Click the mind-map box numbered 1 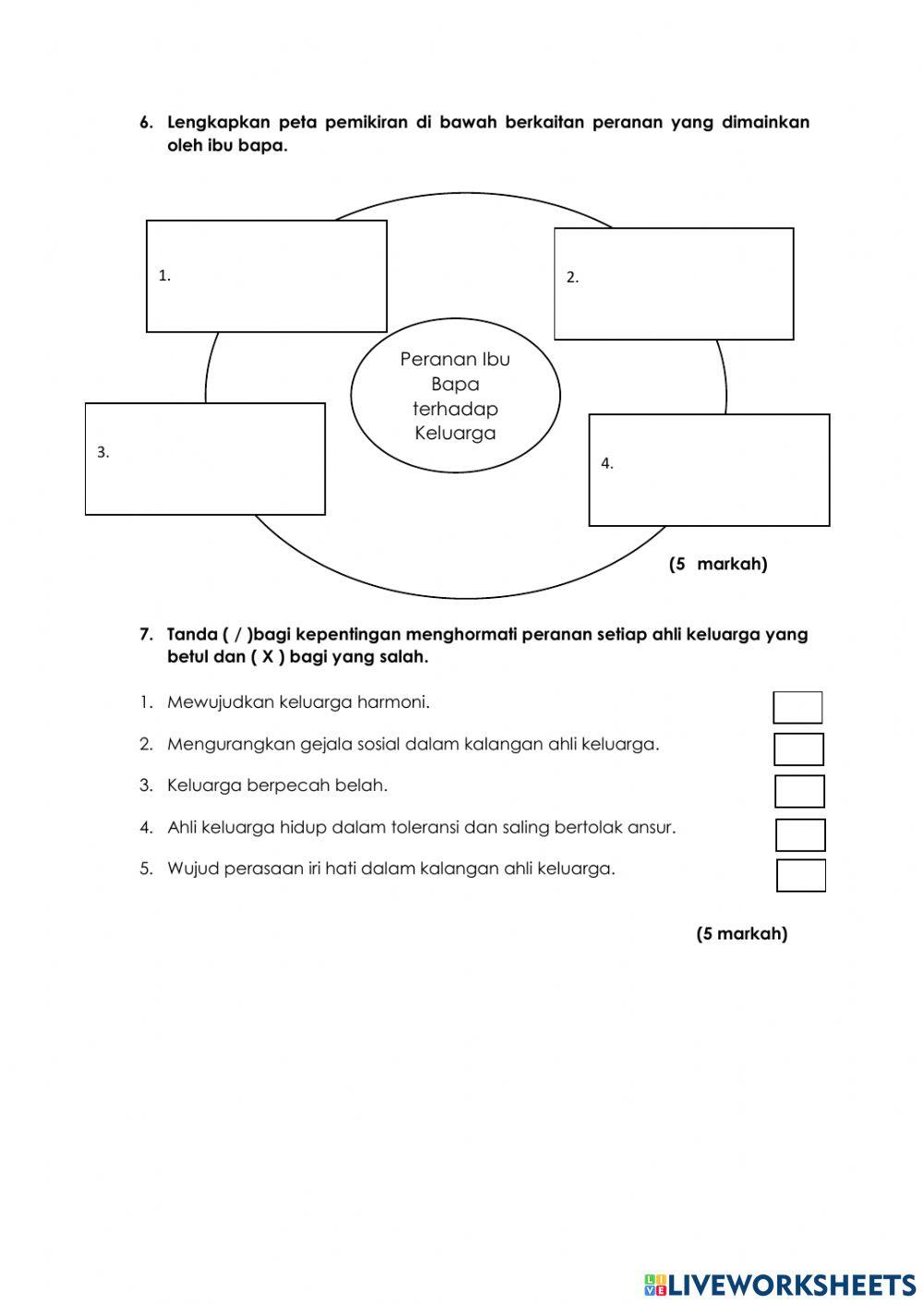(x=266, y=276)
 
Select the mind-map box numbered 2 (x=674, y=283)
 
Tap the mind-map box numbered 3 (x=205, y=459)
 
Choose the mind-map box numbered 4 (x=709, y=470)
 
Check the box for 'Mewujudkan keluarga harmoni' (x=797, y=708)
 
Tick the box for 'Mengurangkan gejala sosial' (x=798, y=749)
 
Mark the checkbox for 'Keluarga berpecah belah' (x=799, y=792)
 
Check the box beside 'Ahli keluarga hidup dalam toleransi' (x=800, y=834)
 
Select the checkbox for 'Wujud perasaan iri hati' (x=801, y=876)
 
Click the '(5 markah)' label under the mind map (x=718, y=564)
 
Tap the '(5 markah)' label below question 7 (x=741, y=934)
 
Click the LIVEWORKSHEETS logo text (x=792, y=1285)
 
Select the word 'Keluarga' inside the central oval (x=455, y=433)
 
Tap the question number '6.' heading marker (x=146, y=123)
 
